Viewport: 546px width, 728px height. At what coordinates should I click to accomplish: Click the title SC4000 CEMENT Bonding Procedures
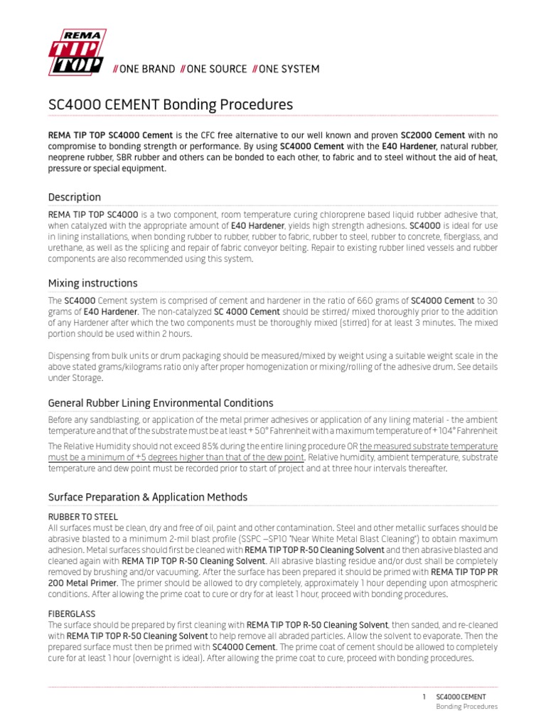(x=170, y=105)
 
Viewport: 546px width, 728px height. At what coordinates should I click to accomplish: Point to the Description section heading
(x=74, y=197)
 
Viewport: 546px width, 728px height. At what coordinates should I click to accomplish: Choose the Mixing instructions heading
(x=92, y=283)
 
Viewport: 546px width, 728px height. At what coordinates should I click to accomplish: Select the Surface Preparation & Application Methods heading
(x=147, y=496)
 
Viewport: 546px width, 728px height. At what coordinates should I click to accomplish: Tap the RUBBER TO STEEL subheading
(x=82, y=517)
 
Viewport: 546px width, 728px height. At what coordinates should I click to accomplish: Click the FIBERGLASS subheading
(x=71, y=612)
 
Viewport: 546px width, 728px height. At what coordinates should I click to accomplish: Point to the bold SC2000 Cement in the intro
(x=432, y=135)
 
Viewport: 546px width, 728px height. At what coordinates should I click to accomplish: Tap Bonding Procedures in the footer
(x=466, y=707)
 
